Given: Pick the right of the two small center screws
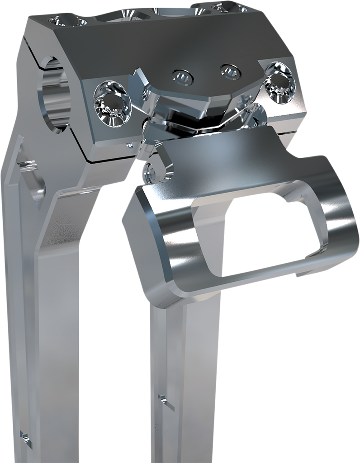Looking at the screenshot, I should (x=229, y=71).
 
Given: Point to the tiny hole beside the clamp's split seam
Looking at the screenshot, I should (x=129, y=146).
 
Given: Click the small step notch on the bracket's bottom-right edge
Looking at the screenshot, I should (x=301, y=274).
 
